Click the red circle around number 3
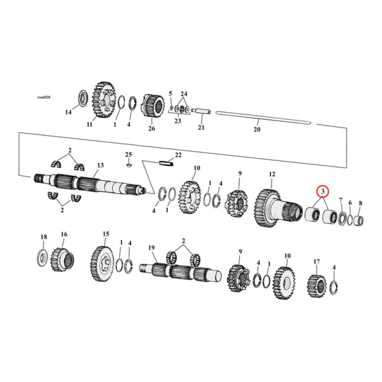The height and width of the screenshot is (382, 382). pos(323,191)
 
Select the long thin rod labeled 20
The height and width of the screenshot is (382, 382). pos(263,117)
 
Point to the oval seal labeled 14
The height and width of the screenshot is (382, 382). pos(82,98)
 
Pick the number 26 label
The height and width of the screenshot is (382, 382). pos(152,128)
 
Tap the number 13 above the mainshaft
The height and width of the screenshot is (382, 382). pos(100,165)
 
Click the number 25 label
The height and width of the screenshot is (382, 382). pos(128,154)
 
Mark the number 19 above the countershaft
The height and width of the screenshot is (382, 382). pos(152,247)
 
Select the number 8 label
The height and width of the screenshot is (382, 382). pos(360,203)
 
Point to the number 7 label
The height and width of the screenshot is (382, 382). pos(340,200)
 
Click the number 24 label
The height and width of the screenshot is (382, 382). pos(184,94)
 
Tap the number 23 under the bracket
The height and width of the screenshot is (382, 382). pos(177,121)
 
